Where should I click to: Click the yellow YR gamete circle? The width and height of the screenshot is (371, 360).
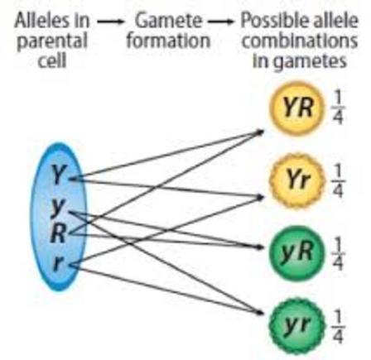[x=297, y=107]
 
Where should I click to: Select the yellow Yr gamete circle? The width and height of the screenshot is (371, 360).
[x=297, y=180]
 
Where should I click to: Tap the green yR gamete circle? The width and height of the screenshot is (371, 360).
[x=297, y=252]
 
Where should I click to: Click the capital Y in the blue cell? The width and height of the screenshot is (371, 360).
[x=59, y=175]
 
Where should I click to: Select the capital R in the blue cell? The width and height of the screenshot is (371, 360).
[x=58, y=234]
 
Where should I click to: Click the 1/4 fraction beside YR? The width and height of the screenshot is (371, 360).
[x=338, y=108]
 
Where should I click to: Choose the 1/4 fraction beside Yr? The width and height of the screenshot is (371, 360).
[x=338, y=181]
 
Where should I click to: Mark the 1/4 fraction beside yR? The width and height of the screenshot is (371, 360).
[x=338, y=253]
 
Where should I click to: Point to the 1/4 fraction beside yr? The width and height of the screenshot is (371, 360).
[x=338, y=326]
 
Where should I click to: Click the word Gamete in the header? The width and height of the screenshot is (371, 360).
[x=168, y=21]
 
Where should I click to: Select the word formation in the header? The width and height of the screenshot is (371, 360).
[x=168, y=41]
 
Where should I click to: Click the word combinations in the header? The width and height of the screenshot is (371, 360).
[x=300, y=41]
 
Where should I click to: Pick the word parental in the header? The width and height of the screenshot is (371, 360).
[x=52, y=42]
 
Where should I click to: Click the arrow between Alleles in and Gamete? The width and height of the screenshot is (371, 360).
[x=110, y=22]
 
